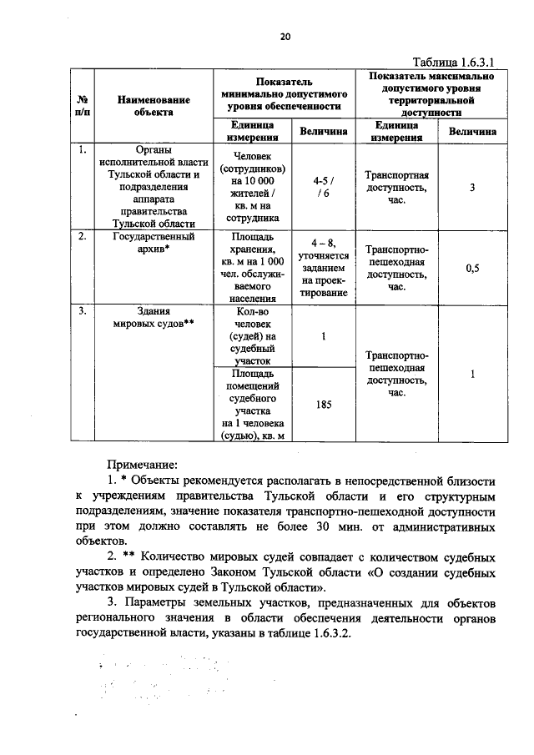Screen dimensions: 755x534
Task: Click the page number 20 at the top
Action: (x=285, y=37)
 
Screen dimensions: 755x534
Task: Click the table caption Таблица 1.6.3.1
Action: (x=456, y=62)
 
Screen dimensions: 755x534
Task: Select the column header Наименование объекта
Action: (x=154, y=105)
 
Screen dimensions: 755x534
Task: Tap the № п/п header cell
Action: (x=83, y=105)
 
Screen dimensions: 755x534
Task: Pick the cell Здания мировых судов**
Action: (x=154, y=320)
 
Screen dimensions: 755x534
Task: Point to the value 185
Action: (x=324, y=405)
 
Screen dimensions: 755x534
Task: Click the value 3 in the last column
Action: (x=471, y=188)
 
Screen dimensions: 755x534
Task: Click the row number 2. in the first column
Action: (x=83, y=236)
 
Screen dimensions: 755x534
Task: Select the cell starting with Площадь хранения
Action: (x=254, y=267)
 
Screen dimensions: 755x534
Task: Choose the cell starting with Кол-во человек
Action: (x=254, y=336)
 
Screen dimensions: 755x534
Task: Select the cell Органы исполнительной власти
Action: (x=154, y=187)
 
